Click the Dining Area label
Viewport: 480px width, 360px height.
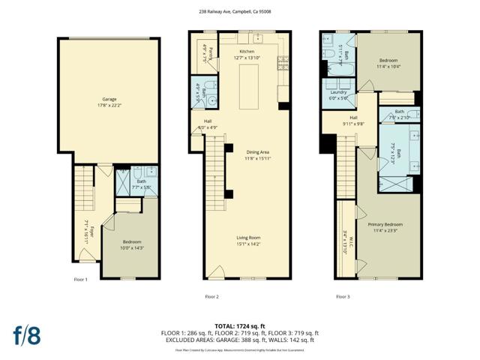click(x=247, y=153)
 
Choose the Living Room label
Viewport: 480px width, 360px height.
click(x=247, y=238)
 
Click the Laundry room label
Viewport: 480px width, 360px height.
click(x=338, y=92)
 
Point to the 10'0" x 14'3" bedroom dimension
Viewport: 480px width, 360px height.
click(x=132, y=247)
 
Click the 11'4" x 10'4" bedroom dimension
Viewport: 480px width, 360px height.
click(x=388, y=66)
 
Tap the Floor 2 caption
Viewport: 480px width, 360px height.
click(x=211, y=297)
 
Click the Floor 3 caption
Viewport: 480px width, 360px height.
click(x=343, y=297)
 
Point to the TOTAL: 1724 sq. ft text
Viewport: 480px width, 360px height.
click(x=239, y=325)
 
